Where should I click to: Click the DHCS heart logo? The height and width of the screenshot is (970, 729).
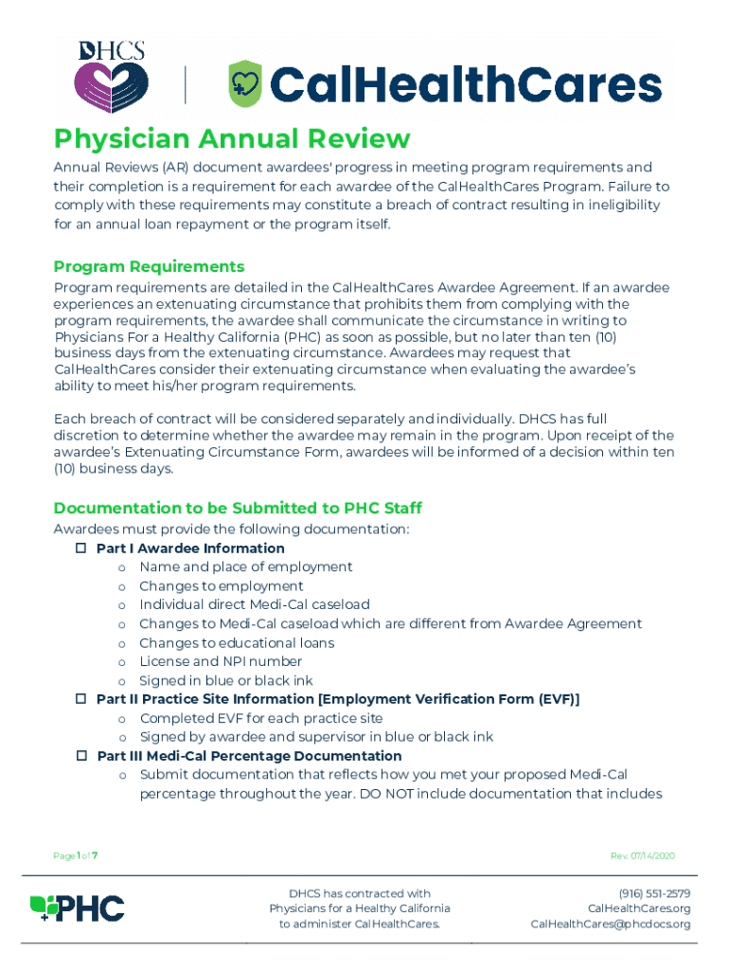(x=111, y=77)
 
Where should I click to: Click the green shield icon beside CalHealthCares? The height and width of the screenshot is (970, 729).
(x=246, y=83)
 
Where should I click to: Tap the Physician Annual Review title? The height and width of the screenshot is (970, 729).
(x=232, y=139)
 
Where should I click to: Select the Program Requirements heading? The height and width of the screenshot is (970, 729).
(x=149, y=266)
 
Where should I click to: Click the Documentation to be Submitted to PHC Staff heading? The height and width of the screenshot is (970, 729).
(x=238, y=509)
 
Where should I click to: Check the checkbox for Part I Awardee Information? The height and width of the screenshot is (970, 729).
(x=80, y=548)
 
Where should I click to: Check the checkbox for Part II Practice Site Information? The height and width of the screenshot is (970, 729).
(x=80, y=699)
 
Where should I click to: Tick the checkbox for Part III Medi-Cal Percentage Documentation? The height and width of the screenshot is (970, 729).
(x=80, y=756)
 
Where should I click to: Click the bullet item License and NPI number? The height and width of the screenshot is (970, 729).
(x=221, y=661)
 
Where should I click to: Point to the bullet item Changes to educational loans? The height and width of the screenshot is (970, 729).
(x=236, y=642)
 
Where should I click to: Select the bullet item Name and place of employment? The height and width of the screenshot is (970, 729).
(x=245, y=566)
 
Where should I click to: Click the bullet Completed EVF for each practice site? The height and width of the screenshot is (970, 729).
(x=260, y=718)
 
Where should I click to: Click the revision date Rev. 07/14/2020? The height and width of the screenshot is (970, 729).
(x=643, y=856)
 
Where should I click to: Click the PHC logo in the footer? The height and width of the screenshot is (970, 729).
(x=78, y=908)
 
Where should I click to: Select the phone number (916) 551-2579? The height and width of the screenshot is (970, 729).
(x=654, y=893)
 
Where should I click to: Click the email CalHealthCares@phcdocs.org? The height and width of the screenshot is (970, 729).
(x=610, y=924)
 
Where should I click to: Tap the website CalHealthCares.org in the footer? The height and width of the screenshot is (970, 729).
(x=639, y=908)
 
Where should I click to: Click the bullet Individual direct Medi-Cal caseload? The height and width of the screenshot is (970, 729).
(x=254, y=604)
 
